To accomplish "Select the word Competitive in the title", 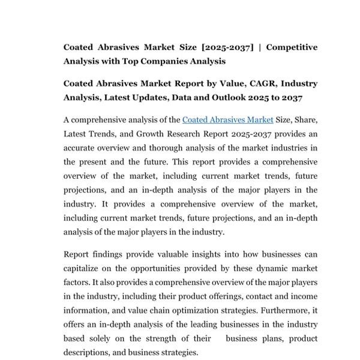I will click(292, 47).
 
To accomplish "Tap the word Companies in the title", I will click(173, 61).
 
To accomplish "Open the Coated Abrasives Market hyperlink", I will click(227, 120).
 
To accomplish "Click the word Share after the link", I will click(298, 120).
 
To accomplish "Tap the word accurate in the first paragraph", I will click(81, 148).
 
